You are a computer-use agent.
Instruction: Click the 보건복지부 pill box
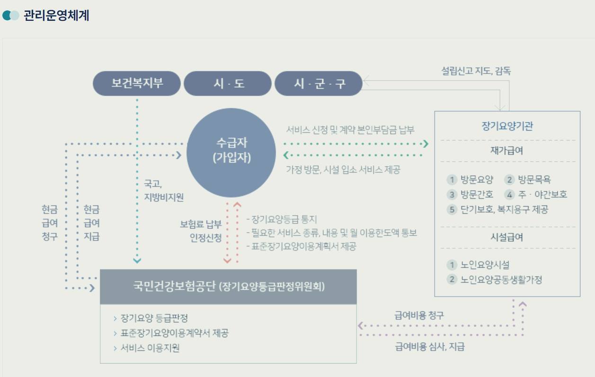coord(137,83)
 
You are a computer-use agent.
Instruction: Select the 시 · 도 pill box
coord(228,84)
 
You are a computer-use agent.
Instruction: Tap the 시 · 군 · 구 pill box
coord(319,84)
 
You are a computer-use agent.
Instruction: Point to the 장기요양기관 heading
coord(507,126)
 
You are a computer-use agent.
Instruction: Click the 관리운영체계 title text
coord(56,15)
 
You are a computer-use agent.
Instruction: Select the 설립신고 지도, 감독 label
coord(476,72)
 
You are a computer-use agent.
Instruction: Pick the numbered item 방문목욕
coord(534,180)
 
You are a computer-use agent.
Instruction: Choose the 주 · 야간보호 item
coord(542,194)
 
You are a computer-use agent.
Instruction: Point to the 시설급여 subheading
coord(507,238)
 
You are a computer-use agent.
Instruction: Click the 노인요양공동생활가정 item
coord(501,279)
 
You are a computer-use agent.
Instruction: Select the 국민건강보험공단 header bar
coord(228,287)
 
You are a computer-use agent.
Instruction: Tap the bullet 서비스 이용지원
coord(150,348)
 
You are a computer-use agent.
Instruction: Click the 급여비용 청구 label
coord(419,315)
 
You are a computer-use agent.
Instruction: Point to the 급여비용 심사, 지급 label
coord(430,347)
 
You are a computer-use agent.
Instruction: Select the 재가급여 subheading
coord(507,151)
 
